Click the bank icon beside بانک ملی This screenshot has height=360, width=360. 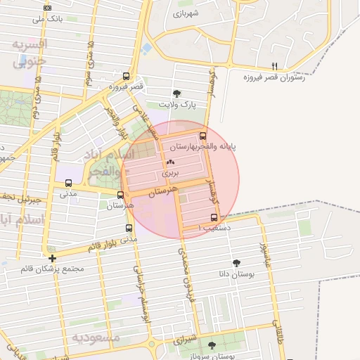tap(47, 7)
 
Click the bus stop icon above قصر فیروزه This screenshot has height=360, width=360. tap(126, 77)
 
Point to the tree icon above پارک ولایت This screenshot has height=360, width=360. tap(176, 93)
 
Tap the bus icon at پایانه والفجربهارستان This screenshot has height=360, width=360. tap(203, 136)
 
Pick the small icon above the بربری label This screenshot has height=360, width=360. tap(171, 161)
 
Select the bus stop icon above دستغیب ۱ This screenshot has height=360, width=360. tap(214, 217)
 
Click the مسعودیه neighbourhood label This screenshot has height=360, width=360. tap(96, 337)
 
